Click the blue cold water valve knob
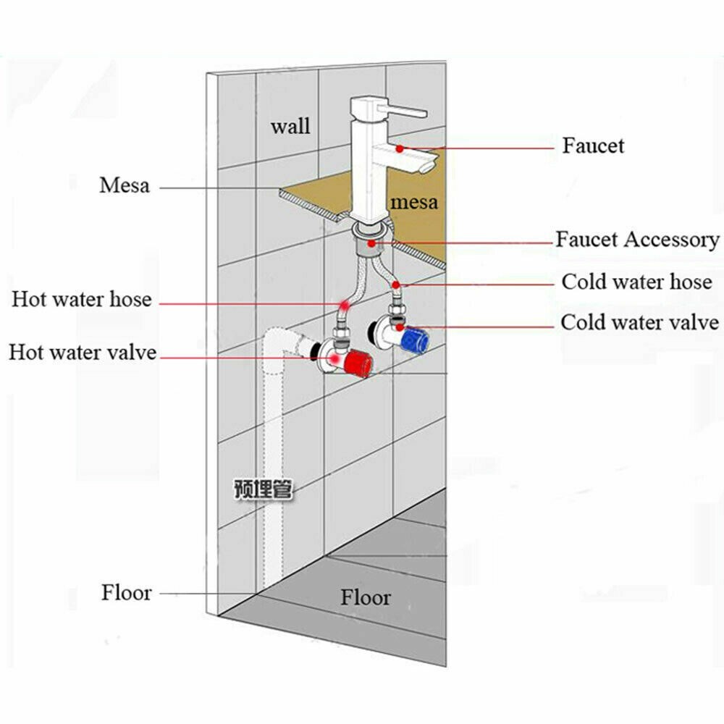414,337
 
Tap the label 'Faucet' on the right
593,146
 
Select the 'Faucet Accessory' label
637,240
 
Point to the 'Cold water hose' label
637,282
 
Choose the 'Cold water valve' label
639,322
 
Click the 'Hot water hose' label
81,299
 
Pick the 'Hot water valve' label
83,353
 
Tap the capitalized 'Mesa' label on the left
125,185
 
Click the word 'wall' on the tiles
290,126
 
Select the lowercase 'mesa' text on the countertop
414,201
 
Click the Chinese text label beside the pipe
262,489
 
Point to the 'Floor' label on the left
127,593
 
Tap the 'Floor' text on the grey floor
366,598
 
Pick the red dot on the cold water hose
396,285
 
